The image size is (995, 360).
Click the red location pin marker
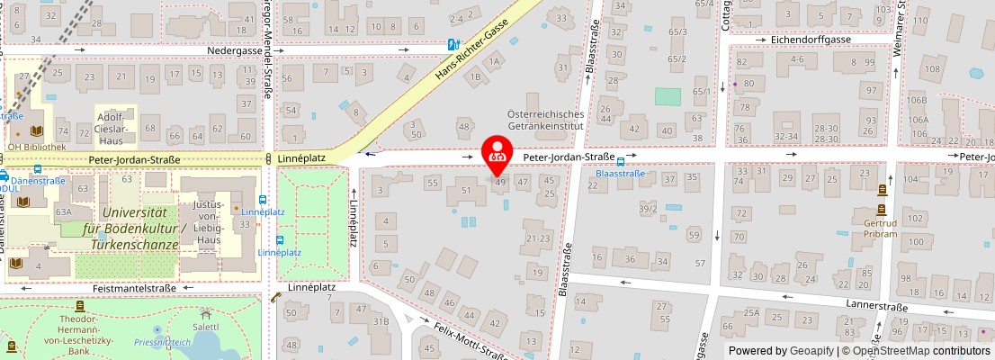496,152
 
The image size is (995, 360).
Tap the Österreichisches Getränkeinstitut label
545,121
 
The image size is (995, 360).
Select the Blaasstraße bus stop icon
621,162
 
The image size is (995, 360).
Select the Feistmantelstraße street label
134,288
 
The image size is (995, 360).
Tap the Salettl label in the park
206,328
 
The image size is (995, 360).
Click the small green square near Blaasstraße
668,96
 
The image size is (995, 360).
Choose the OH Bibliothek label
37,147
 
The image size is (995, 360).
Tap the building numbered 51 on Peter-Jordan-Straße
466,190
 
